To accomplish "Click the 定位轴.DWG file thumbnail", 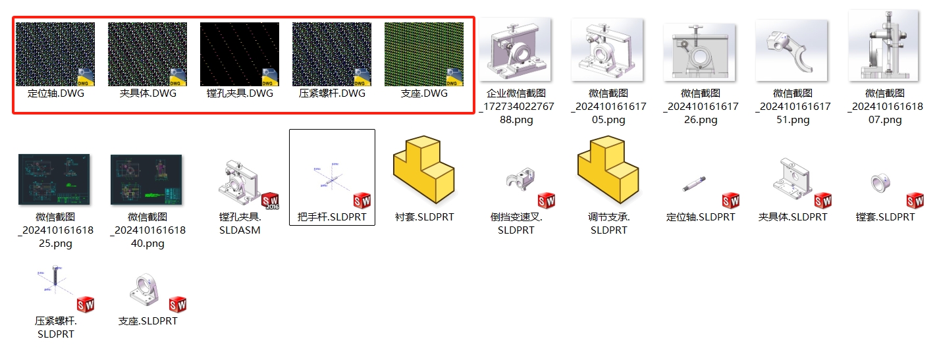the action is coord(55,54).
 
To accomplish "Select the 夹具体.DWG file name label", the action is coord(147,93).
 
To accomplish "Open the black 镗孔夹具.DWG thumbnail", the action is coord(240,54).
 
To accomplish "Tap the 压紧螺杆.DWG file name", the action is coord(332,93).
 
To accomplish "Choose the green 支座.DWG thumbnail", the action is coord(423,54).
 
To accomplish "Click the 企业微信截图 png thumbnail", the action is coord(516,49).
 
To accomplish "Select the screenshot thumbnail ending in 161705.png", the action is coord(608,49).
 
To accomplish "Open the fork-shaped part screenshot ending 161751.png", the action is coord(792,50).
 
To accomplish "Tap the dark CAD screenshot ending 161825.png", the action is coord(54,180).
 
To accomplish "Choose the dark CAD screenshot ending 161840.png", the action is coord(146,180).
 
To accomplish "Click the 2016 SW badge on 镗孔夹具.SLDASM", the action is coord(270,201).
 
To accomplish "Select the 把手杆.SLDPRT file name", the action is coord(332,217).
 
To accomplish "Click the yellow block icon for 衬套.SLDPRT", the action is coord(423,169).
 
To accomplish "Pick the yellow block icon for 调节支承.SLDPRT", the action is coord(608,169).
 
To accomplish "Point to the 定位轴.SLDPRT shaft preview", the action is coord(695,184).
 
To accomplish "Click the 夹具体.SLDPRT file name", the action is coord(793,217).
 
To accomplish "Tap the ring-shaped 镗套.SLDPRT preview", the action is coord(880,183).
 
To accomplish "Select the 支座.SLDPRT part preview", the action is coord(144,290).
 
